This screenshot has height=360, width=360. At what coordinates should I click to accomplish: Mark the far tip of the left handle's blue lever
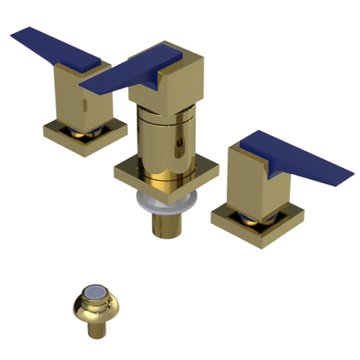[x=12, y=35]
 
